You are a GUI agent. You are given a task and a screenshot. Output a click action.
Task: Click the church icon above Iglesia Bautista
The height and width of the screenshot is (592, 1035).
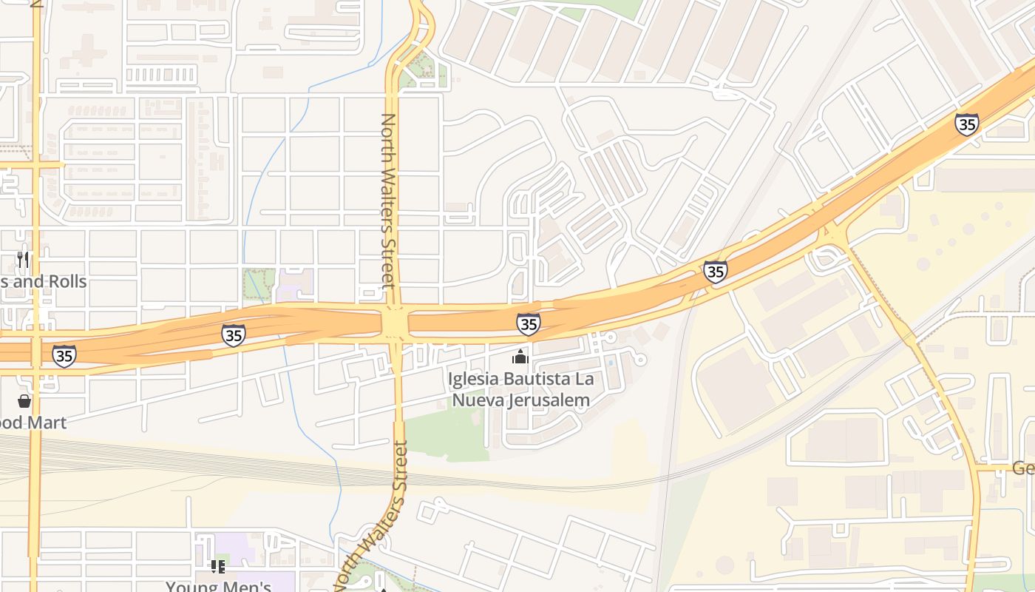click(x=520, y=357)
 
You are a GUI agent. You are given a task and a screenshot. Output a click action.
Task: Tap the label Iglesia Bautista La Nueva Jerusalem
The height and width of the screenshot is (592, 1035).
click(x=521, y=390)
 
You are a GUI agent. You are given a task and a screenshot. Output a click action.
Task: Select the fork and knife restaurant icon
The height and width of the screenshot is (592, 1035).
click(x=24, y=260)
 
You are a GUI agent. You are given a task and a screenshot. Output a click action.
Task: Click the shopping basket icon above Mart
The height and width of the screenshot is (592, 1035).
click(x=24, y=401)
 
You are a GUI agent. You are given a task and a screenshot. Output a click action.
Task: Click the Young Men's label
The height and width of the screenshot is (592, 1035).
click(x=218, y=586)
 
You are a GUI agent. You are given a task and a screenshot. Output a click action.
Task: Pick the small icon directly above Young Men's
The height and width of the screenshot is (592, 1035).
click(x=218, y=567)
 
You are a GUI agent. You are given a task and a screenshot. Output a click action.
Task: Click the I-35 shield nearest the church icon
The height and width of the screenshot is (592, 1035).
click(x=528, y=324)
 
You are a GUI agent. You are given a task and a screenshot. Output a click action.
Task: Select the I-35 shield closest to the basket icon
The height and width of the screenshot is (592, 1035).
click(x=64, y=356)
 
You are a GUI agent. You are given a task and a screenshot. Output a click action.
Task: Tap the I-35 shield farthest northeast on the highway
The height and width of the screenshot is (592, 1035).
click(x=966, y=124)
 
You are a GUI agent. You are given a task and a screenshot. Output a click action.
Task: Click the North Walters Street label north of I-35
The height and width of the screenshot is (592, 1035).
click(x=388, y=200)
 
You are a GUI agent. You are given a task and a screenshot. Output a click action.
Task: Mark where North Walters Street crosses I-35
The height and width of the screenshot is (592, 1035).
click(x=395, y=324)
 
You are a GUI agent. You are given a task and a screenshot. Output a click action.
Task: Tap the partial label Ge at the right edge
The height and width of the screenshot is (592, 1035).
click(x=1022, y=468)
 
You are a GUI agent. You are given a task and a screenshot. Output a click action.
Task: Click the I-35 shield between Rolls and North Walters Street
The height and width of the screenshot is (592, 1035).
click(x=233, y=335)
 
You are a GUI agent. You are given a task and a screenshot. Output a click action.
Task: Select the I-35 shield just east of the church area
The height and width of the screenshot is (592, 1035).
click(x=715, y=272)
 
